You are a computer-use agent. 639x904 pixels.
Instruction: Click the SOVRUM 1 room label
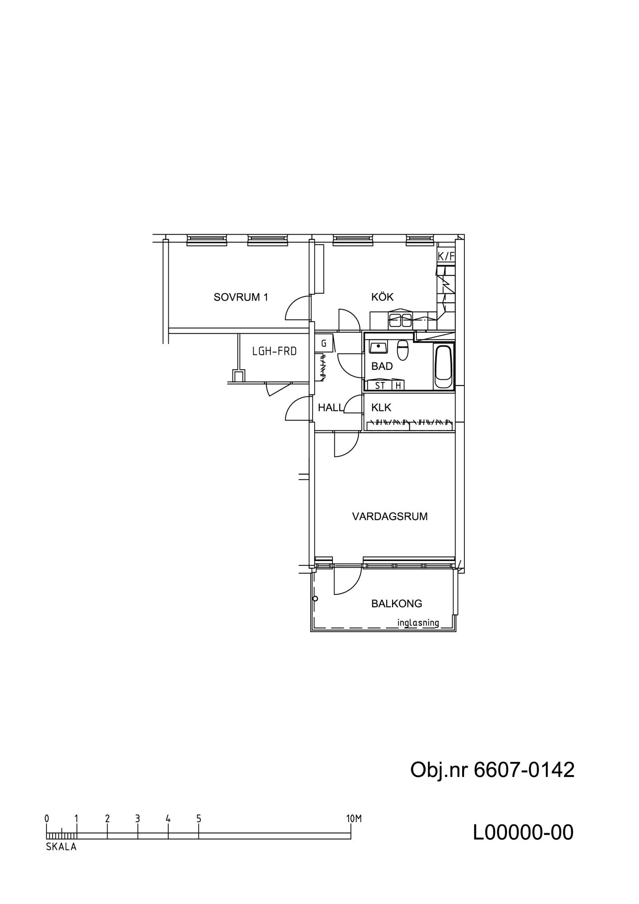click(x=241, y=297)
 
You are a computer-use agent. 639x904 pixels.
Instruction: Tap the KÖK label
click(x=382, y=297)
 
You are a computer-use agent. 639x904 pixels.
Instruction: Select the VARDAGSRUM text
click(x=390, y=516)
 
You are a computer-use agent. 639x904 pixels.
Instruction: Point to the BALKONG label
click(x=397, y=603)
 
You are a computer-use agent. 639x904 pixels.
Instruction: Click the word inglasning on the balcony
click(x=418, y=623)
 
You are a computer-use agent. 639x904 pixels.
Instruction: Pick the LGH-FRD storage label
click(x=275, y=351)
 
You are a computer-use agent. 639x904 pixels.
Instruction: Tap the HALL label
click(x=331, y=408)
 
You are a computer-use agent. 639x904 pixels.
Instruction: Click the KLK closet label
click(x=381, y=408)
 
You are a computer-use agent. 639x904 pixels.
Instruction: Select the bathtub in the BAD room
click(x=443, y=367)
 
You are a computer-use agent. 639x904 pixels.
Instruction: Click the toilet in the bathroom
click(x=402, y=350)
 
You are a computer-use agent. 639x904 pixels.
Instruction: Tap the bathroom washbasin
click(x=378, y=348)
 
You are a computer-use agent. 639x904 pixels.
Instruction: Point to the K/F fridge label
click(x=446, y=256)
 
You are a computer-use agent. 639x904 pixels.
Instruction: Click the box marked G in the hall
click(x=324, y=344)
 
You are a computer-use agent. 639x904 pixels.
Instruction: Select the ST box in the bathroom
click(x=380, y=386)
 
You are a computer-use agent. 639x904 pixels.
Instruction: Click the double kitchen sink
click(x=401, y=320)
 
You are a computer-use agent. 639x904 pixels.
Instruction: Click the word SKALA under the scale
click(x=61, y=847)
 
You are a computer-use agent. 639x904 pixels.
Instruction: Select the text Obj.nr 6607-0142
click(x=492, y=770)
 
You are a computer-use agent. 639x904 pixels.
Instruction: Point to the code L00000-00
click(x=523, y=833)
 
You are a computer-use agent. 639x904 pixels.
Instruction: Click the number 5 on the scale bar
click(x=199, y=819)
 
